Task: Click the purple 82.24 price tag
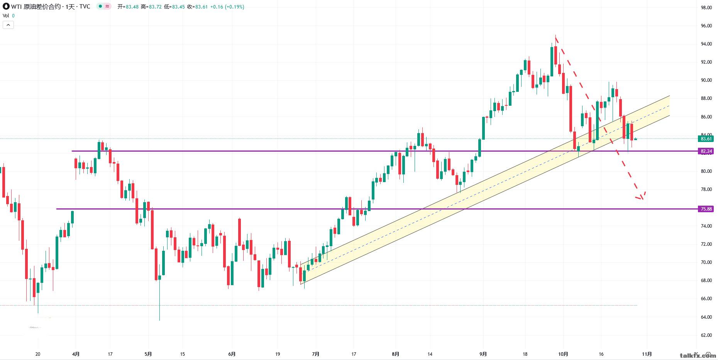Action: click(706, 151)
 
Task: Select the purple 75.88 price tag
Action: click(706, 209)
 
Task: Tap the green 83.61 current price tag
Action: click(706, 139)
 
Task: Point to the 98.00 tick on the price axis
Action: click(706, 8)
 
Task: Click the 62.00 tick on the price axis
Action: click(706, 335)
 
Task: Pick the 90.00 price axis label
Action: click(706, 80)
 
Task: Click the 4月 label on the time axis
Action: click(76, 354)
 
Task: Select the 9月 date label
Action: click(483, 354)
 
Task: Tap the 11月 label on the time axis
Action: click(647, 354)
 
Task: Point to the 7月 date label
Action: click(316, 354)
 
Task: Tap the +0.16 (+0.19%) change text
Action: click(227, 7)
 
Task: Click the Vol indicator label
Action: click(6, 16)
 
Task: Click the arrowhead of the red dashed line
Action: click(642, 198)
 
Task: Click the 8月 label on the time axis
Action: click(396, 354)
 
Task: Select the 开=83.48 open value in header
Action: click(128, 7)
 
